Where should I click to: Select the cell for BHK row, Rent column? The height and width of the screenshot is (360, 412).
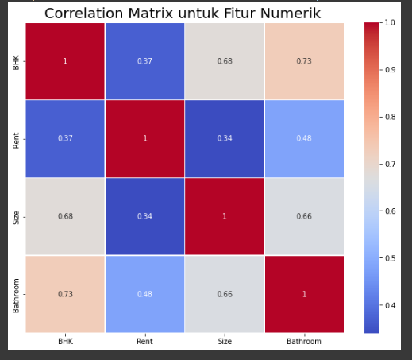click(144, 61)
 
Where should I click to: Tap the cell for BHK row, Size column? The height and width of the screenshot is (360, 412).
click(225, 61)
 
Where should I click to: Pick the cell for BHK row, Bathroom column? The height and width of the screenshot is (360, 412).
click(304, 61)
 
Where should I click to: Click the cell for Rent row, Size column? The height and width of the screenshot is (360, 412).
click(225, 138)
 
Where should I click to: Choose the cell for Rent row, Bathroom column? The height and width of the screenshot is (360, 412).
click(304, 138)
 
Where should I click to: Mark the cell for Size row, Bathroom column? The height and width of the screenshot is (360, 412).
click(304, 216)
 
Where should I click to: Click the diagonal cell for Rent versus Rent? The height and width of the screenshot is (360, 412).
click(144, 138)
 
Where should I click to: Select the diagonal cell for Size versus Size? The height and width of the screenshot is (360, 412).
click(225, 216)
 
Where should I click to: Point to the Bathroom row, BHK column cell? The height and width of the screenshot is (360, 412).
click(65, 294)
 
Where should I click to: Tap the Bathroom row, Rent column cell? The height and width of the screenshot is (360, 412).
click(144, 294)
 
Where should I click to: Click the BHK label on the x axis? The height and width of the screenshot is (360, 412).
click(65, 342)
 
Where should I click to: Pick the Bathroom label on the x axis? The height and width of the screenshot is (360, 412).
click(304, 342)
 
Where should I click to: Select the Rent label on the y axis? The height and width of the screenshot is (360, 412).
click(17, 138)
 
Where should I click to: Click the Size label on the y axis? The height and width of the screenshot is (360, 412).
click(17, 216)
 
